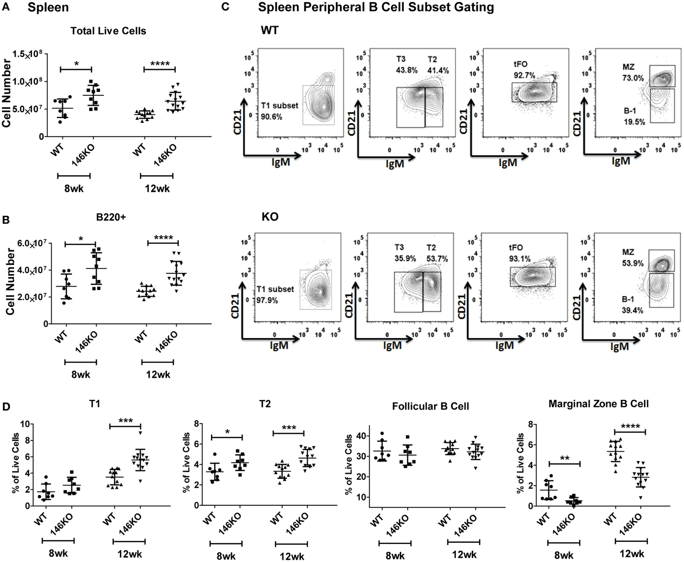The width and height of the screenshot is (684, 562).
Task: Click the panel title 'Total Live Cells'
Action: click(x=108, y=31)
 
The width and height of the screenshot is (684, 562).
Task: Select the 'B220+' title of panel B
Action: click(x=112, y=218)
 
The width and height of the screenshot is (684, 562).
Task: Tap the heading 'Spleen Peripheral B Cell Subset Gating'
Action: click(x=376, y=7)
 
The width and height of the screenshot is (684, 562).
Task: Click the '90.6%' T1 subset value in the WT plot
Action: click(x=271, y=116)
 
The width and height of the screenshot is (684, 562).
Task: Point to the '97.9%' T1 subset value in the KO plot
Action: click(x=267, y=300)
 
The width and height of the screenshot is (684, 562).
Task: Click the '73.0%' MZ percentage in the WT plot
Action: click(x=633, y=78)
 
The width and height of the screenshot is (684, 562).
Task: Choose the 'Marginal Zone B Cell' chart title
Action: click(x=598, y=404)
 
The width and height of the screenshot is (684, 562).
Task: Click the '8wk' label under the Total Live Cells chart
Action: click(x=74, y=189)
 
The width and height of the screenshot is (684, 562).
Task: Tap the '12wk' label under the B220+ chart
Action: click(x=158, y=374)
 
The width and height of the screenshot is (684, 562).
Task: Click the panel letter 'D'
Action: click(x=6, y=407)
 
